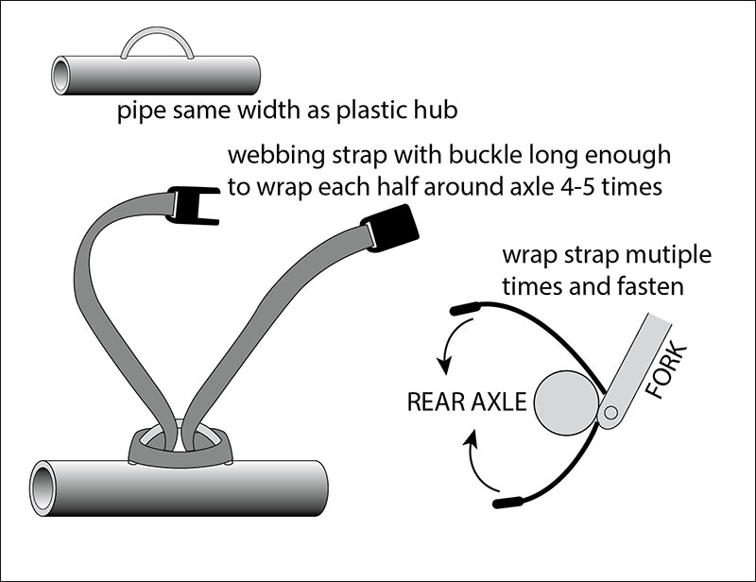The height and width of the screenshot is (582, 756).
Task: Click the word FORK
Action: pyautogui.click(x=666, y=370)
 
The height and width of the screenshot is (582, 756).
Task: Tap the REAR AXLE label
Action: pyautogui.click(x=467, y=402)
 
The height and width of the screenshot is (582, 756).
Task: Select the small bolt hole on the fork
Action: pyautogui.click(x=610, y=413)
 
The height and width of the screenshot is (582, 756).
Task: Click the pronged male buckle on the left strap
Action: pyautogui.click(x=193, y=205)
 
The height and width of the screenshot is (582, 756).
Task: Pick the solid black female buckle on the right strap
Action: pyautogui.click(x=390, y=228)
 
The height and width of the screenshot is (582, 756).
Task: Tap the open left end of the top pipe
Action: pyautogui.click(x=60, y=76)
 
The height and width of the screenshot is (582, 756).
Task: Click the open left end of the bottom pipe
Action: pyautogui.click(x=42, y=488)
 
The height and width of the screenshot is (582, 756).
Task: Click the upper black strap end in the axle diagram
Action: pyautogui.click(x=464, y=308)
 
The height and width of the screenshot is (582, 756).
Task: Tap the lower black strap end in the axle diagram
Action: pyautogui.click(x=507, y=502)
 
